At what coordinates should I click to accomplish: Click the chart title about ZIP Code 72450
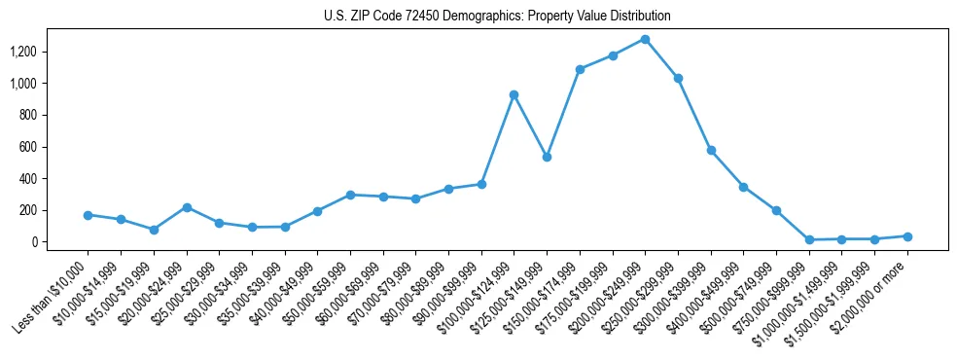(497, 17)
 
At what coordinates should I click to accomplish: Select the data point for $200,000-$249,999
(645, 39)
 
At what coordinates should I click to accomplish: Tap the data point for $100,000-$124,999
(514, 94)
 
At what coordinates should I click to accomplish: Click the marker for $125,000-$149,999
(547, 157)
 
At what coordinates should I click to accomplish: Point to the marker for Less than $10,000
(88, 215)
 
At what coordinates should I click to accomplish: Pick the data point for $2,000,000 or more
(907, 236)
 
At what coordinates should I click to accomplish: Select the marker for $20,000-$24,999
(186, 207)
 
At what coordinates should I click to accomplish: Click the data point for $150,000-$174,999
(580, 69)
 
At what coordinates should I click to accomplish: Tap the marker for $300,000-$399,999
(711, 151)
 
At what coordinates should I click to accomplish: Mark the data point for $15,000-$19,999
(154, 230)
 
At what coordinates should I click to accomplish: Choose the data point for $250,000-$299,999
(678, 78)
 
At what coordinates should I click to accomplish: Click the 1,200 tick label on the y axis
(51, 52)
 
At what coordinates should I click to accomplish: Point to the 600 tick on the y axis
(55, 147)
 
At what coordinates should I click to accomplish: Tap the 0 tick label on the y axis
(60, 242)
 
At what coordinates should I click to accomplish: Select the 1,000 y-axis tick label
(51, 84)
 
